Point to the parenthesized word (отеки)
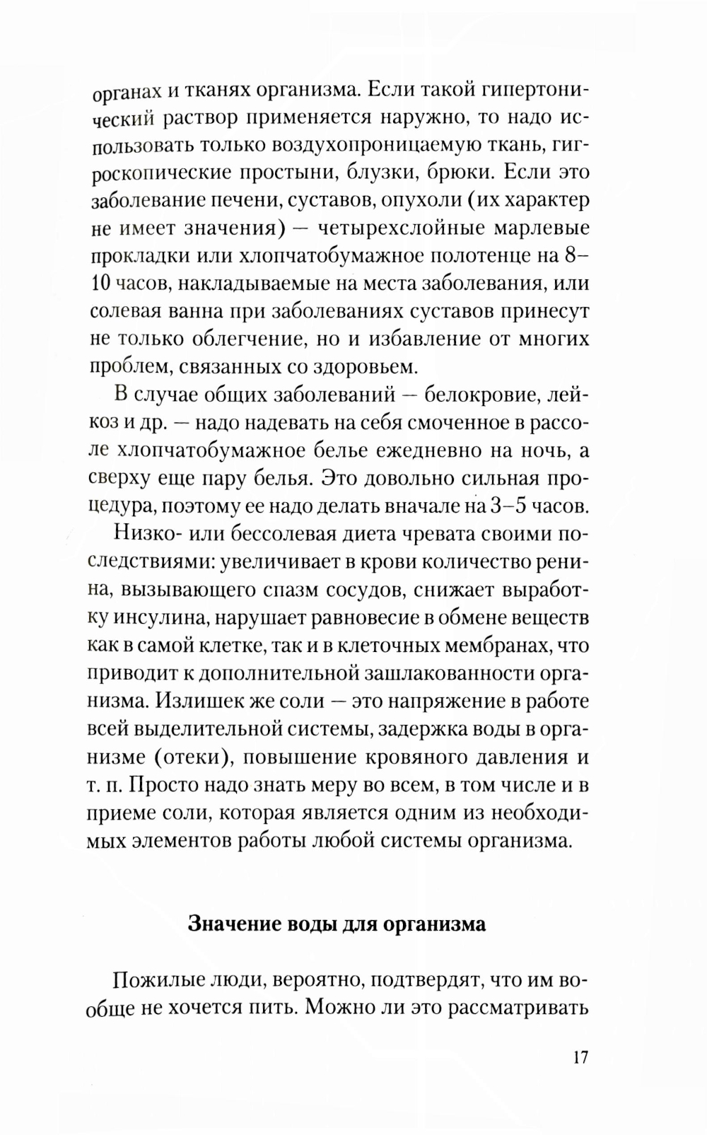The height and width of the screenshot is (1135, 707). point(189,757)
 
